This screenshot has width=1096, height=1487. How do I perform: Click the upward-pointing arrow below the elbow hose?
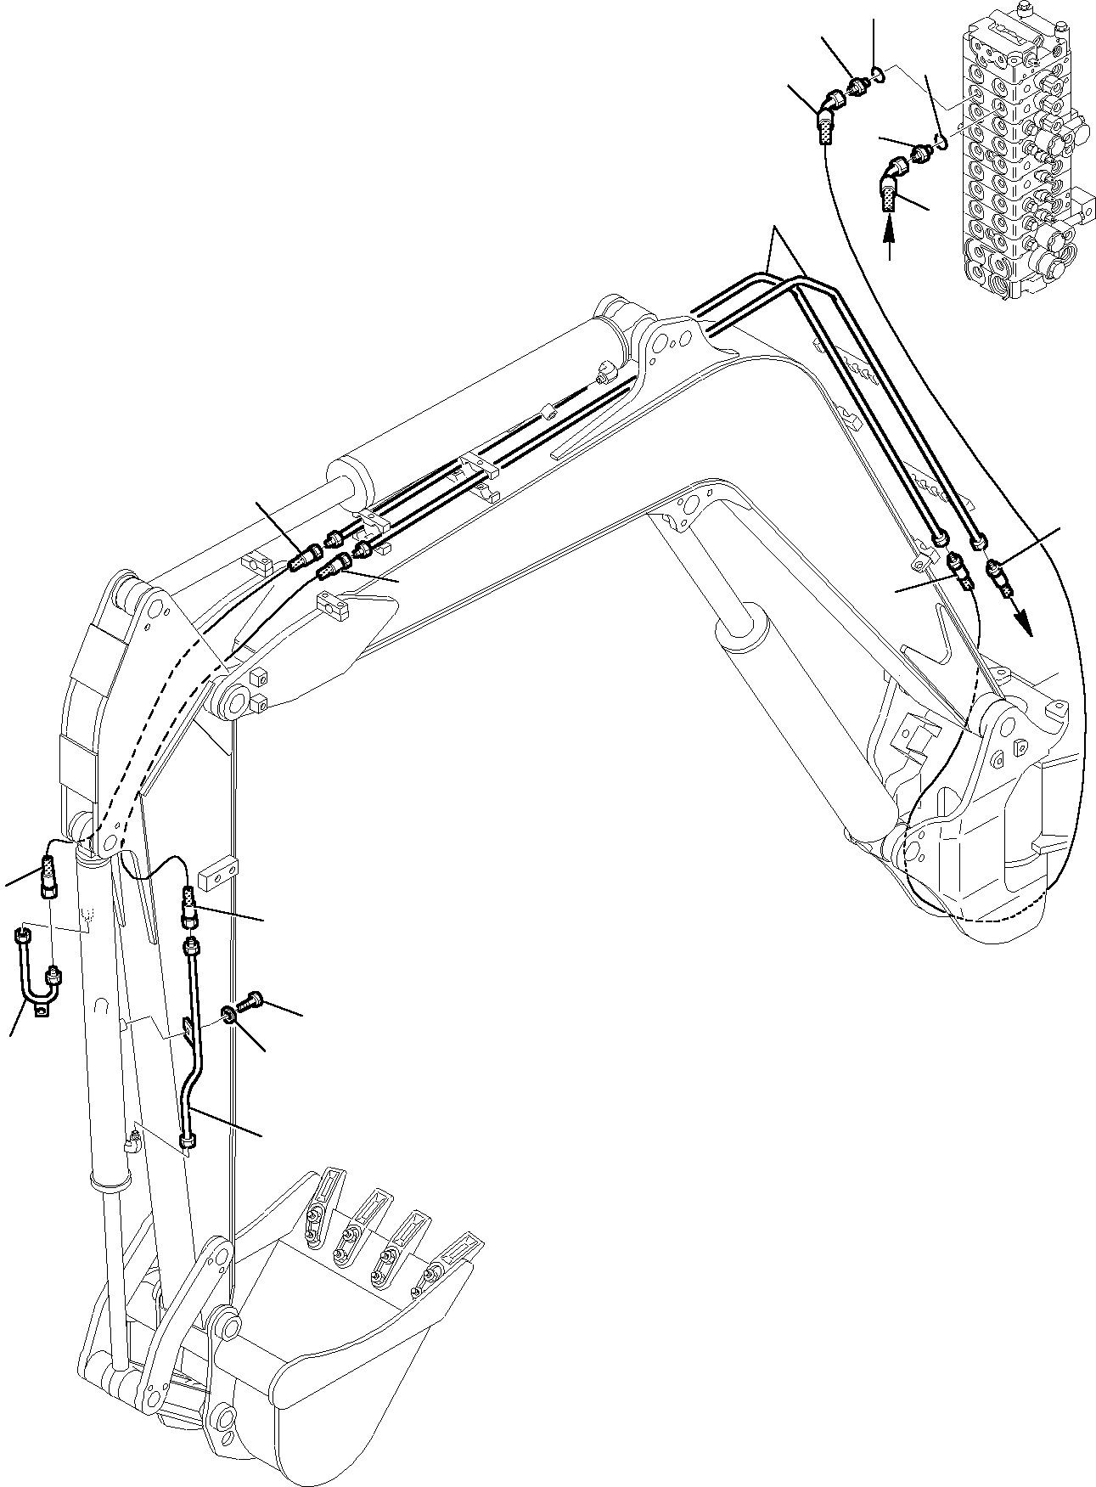[889, 238]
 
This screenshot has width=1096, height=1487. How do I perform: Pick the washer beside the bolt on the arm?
[230, 1015]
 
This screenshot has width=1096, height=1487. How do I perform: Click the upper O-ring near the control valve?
[880, 77]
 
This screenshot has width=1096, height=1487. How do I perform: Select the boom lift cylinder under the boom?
[790, 713]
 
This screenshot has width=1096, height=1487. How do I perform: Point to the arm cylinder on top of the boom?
[475, 399]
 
